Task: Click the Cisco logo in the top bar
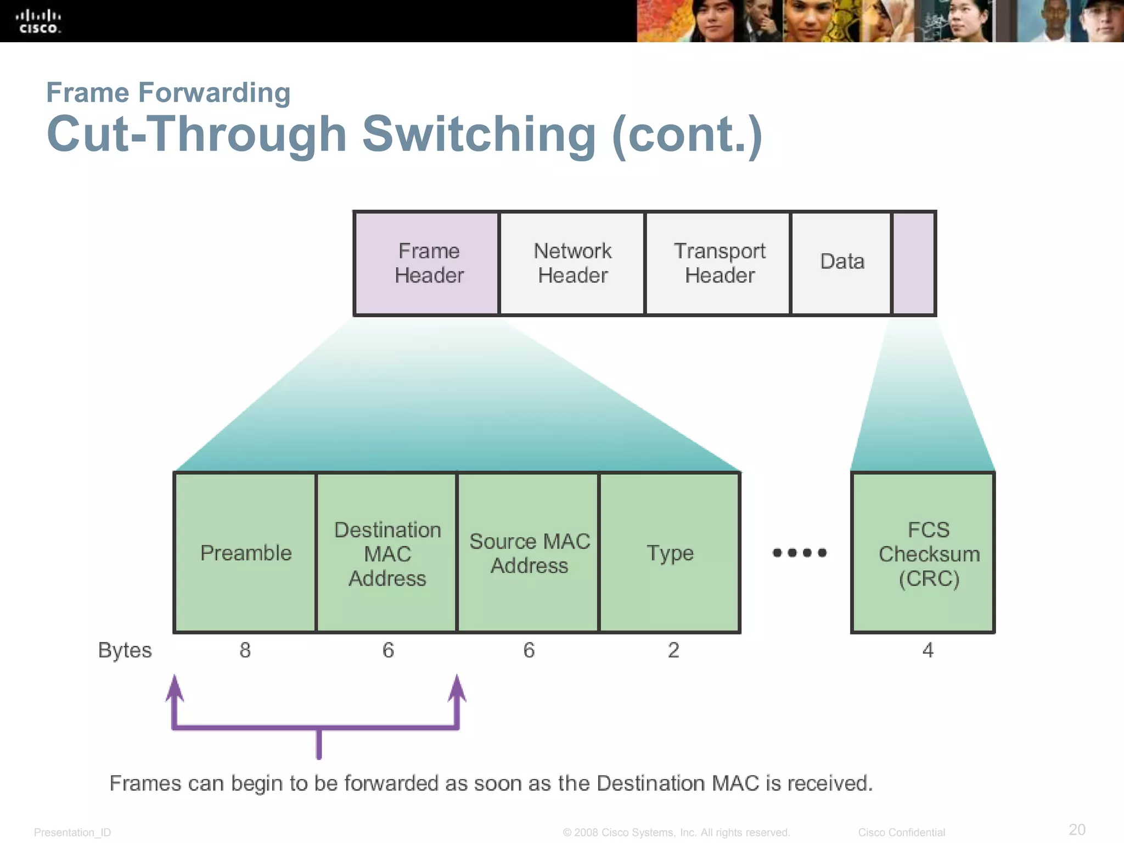click(38, 21)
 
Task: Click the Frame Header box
click(428, 263)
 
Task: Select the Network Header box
click(572, 263)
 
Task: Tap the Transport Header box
click(719, 263)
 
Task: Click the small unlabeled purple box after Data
click(914, 263)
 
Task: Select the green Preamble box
click(245, 553)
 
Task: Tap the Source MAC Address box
click(529, 553)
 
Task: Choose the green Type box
click(670, 553)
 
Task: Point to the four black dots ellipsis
click(799, 553)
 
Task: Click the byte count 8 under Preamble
click(245, 650)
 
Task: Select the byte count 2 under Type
click(673, 650)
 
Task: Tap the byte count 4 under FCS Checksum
click(928, 650)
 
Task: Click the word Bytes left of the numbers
click(125, 650)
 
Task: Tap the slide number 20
click(1077, 829)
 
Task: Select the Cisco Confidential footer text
click(901, 832)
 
